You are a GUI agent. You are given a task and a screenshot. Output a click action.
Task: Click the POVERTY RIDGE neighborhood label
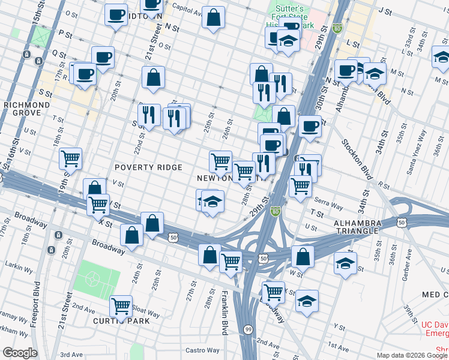148,167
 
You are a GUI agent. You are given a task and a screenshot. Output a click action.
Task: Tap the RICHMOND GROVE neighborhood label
26,109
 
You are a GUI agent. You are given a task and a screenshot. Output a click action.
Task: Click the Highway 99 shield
247,329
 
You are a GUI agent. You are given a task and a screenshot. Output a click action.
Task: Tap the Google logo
20,352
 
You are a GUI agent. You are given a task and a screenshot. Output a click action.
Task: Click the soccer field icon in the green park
93,279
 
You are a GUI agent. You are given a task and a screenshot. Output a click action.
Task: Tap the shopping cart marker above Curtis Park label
121,306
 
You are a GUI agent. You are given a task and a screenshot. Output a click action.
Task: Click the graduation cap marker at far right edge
441,58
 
